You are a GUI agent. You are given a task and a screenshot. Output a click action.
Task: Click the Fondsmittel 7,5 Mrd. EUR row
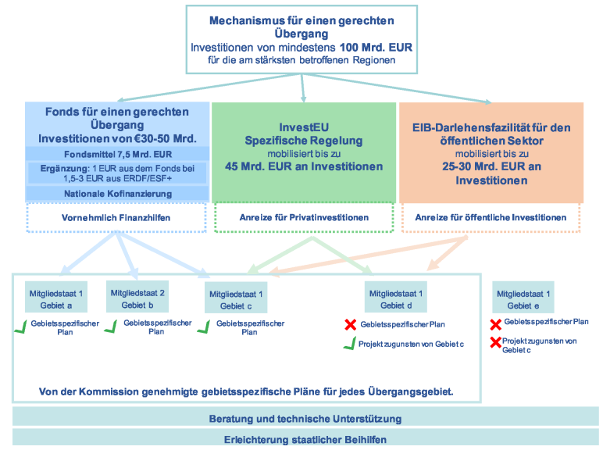(118, 155)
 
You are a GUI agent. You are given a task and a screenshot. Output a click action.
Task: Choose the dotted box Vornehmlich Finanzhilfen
(118, 217)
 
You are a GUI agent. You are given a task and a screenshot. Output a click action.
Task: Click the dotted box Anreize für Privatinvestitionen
(304, 217)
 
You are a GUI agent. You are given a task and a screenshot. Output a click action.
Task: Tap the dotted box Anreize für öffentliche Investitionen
(490, 217)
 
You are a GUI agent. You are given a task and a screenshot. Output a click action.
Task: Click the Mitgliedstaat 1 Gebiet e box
(523, 298)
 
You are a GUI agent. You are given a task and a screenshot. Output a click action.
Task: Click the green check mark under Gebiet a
(20, 327)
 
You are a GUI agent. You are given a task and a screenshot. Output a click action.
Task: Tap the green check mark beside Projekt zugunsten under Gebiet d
(350, 345)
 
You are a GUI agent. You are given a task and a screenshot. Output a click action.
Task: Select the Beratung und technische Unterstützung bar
(305, 418)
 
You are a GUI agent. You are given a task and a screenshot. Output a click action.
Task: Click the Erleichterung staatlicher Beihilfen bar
(305, 439)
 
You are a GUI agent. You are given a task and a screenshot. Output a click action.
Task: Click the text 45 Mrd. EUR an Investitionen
(304, 166)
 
